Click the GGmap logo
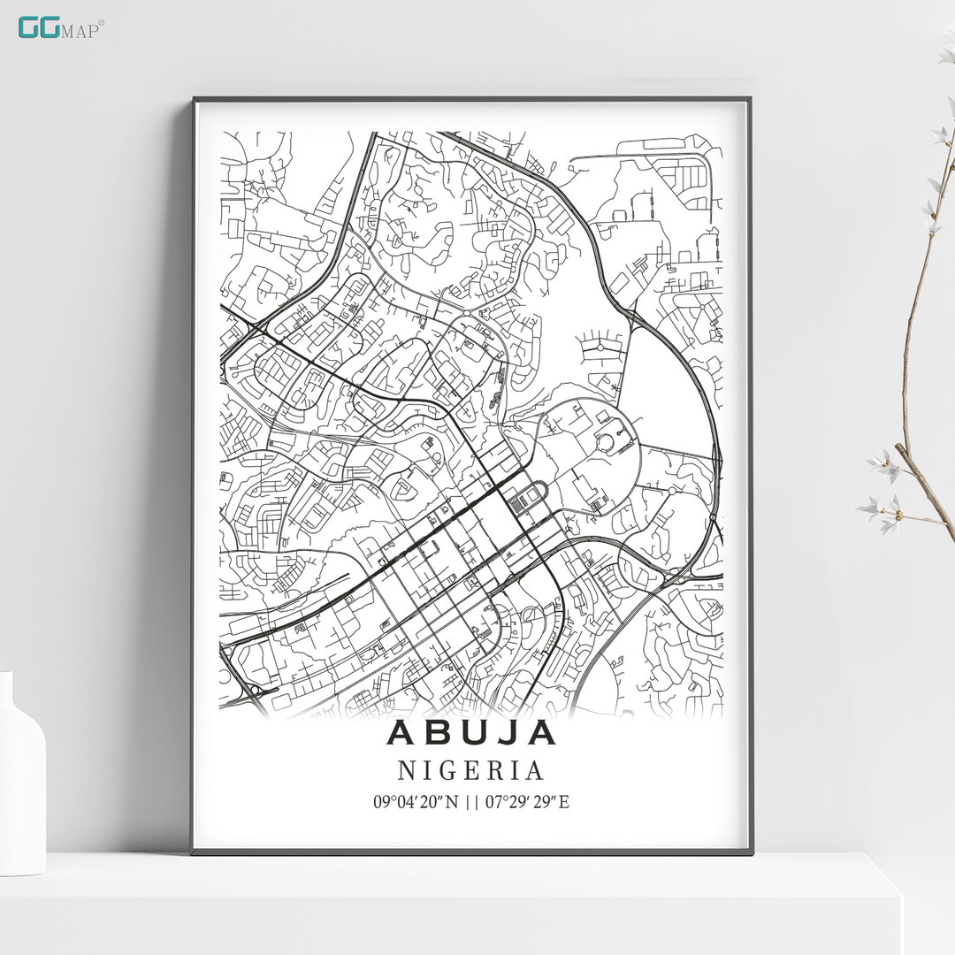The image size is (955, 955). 60,27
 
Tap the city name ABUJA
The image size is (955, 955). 471,732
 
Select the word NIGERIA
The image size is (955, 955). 470,771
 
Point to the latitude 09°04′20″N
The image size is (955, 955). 416,803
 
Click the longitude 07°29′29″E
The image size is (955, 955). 527,803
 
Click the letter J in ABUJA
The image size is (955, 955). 508,732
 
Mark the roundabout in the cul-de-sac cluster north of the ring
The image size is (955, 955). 600,347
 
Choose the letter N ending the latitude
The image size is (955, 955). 455,803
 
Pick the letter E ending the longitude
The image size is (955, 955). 564,803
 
